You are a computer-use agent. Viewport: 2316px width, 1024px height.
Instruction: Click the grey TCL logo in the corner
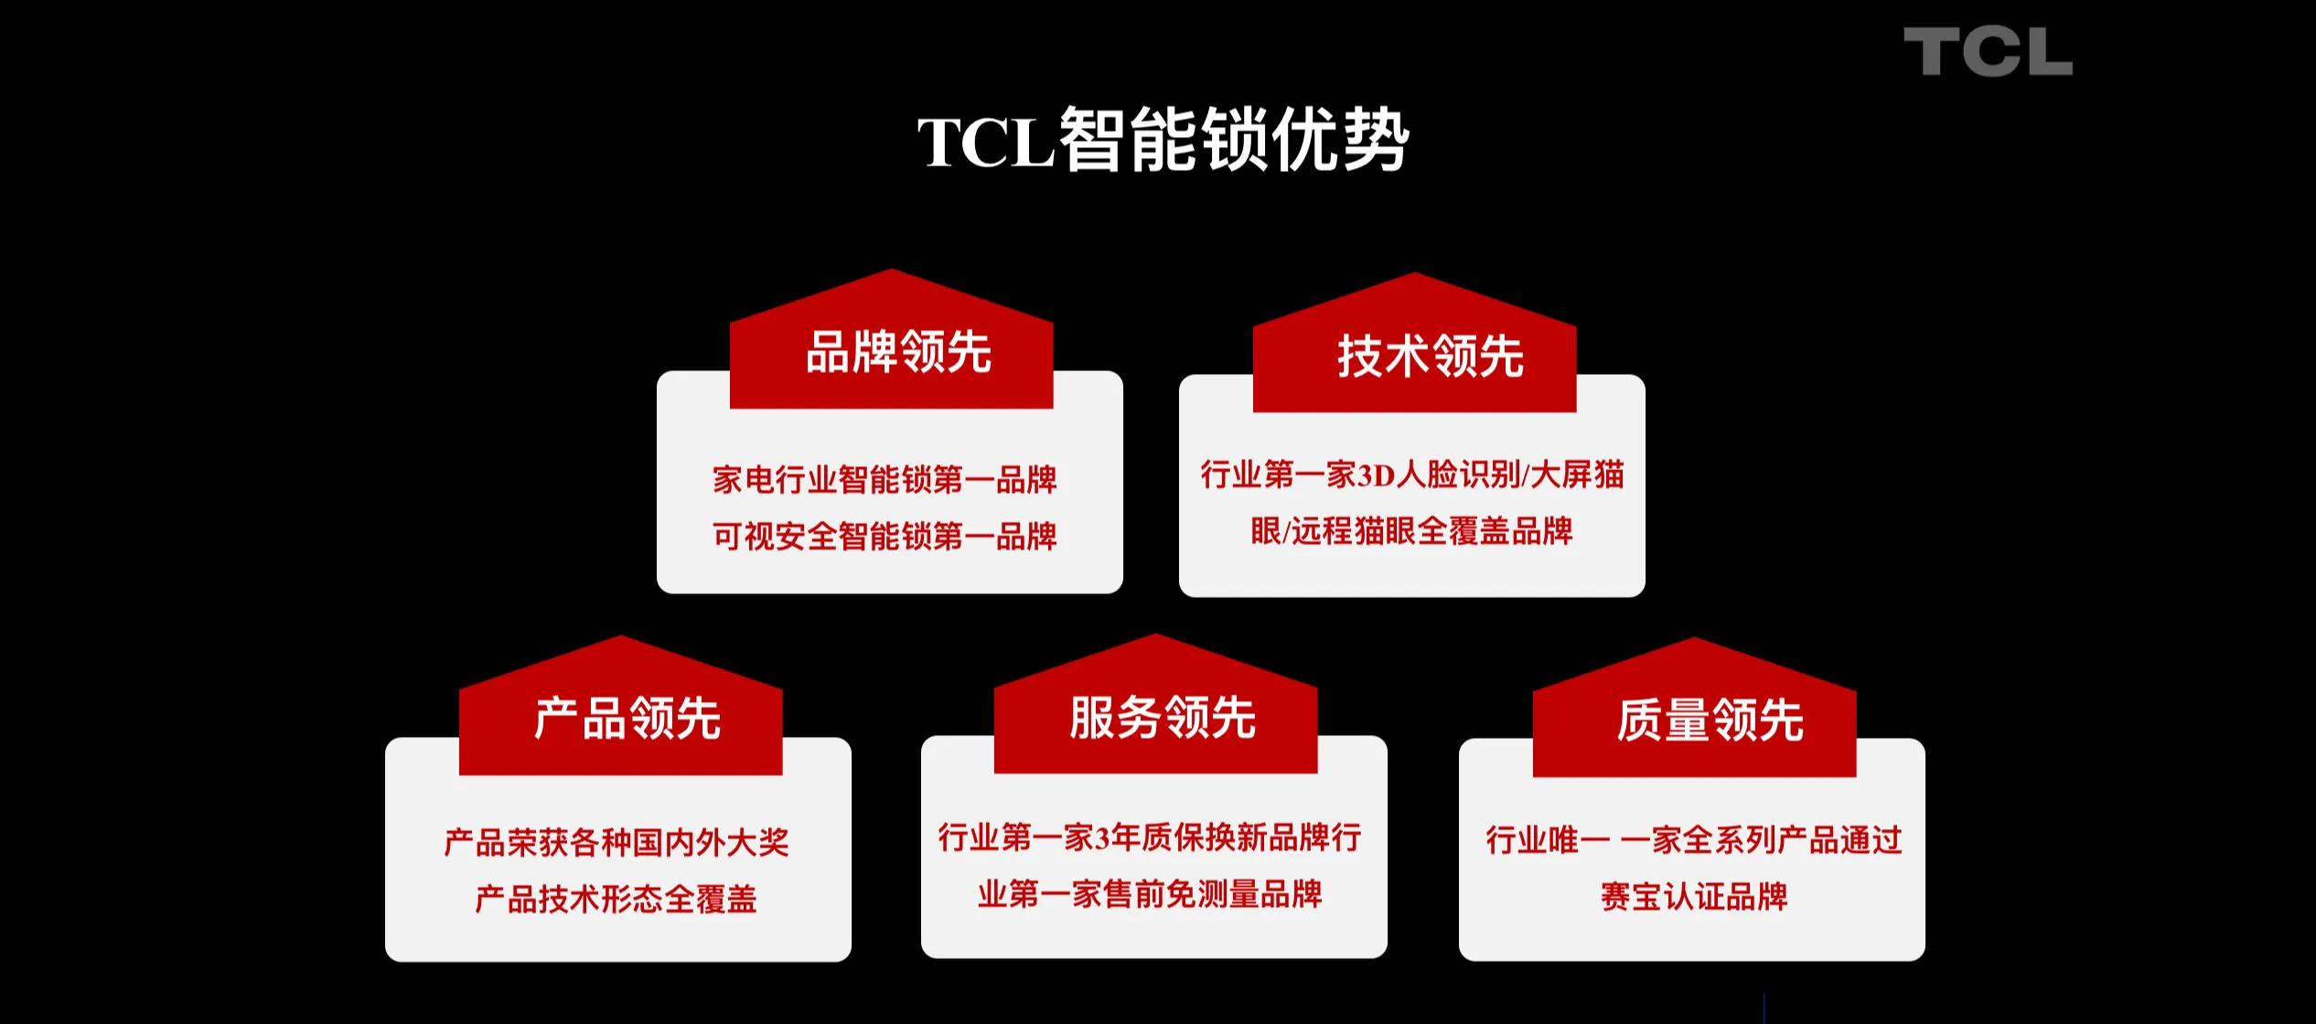coord(1988,51)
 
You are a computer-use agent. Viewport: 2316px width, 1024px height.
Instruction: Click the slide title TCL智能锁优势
coord(1163,141)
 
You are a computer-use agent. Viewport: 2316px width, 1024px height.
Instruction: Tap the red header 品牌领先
coord(898,352)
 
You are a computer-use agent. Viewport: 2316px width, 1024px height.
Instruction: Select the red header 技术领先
coord(1431,356)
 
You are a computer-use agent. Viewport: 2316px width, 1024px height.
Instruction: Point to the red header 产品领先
coord(627,719)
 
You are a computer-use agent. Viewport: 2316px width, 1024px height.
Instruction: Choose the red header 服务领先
coord(1163,717)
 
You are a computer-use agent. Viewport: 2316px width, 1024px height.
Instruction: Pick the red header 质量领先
coord(1710,720)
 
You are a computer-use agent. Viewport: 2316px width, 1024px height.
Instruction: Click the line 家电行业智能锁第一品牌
coord(885,480)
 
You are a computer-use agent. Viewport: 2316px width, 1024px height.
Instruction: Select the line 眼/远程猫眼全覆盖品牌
coord(1411,531)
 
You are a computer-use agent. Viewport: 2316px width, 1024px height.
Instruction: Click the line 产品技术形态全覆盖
coord(617,900)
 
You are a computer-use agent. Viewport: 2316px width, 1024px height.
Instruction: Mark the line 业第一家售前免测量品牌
coord(1150,894)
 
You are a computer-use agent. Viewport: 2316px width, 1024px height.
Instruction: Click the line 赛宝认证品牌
coord(1694,897)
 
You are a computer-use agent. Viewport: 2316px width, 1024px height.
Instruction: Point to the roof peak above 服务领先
coord(1155,635)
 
